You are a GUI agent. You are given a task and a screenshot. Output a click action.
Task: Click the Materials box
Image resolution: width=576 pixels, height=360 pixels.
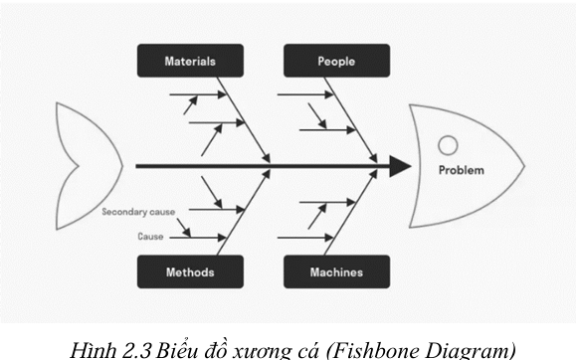pyautogui.click(x=190, y=62)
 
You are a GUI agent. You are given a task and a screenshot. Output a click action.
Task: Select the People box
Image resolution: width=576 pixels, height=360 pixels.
pyautogui.click(x=336, y=62)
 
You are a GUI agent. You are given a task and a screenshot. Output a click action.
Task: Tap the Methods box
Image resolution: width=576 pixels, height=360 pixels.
pyautogui.click(x=190, y=271)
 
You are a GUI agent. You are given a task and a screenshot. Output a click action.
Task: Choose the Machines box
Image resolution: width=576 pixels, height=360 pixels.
pyautogui.click(x=336, y=271)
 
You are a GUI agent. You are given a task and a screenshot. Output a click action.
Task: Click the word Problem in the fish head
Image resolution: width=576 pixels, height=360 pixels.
pyautogui.click(x=462, y=170)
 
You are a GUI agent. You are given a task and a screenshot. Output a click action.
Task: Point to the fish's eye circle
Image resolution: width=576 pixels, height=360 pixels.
pyautogui.click(x=449, y=145)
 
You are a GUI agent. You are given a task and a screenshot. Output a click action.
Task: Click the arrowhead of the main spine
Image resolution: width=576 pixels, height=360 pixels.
pyautogui.click(x=400, y=166)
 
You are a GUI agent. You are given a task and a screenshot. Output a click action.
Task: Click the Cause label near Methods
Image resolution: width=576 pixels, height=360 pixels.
pyautogui.click(x=150, y=237)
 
